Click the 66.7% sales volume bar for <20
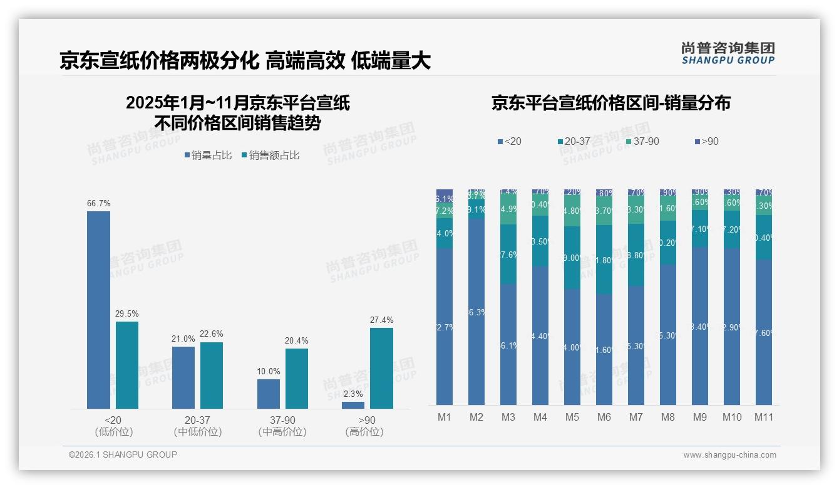pyautogui.click(x=98, y=310)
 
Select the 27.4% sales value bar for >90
pyautogui.click(x=381, y=368)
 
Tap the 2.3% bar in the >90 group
pyautogui.click(x=353, y=406)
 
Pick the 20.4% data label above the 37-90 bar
pyautogui.click(x=297, y=341)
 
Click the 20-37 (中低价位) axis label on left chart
pyautogui.click(x=197, y=426)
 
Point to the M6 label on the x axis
pyautogui.click(x=604, y=418)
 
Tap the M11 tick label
pyautogui.click(x=763, y=418)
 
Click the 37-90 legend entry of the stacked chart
pyautogui.click(x=642, y=142)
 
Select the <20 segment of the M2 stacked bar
pyautogui.click(x=476, y=312)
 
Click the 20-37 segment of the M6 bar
pyautogui.click(x=604, y=260)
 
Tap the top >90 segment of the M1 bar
pyautogui.click(x=445, y=191)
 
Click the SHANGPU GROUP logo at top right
pyautogui.click(x=728, y=53)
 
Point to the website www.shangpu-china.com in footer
pyautogui.click(x=729, y=455)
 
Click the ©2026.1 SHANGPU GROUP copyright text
pyautogui.click(x=123, y=455)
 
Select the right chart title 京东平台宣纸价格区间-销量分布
pyautogui.click(x=610, y=103)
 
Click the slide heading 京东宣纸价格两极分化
pyautogui.click(x=159, y=61)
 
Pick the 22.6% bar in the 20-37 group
pyautogui.click(x=212, y=375)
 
